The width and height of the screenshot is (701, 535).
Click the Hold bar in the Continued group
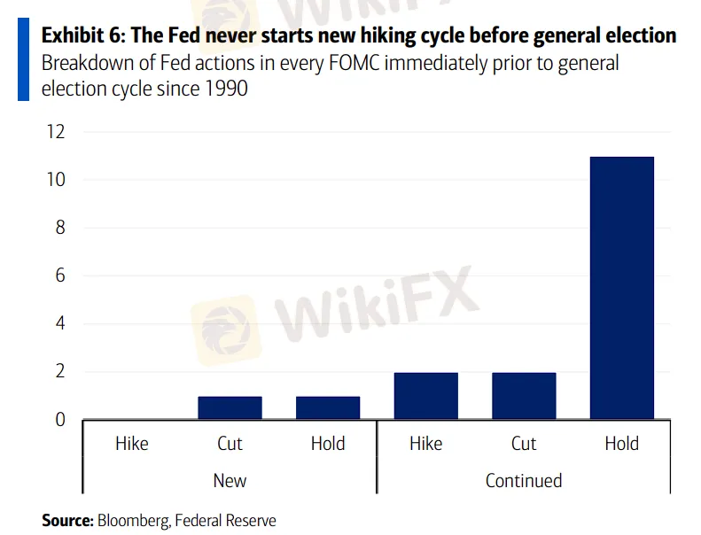pyautogui.click(x=622, y=288)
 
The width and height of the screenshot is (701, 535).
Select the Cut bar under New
pyautogui.click(x=230, y=407)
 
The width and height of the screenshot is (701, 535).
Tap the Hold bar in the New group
pyautogui.click(x=328, y=407)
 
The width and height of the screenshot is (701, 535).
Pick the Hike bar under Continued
pyautogui.click(x=426, y=396)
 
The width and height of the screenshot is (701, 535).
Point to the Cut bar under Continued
pyautogui.click(x=524, y=396)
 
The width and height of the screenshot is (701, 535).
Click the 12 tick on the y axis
pyautogui.click(x=56, y=132)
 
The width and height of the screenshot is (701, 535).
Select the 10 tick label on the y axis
pyautogui.click(x=56, y=180)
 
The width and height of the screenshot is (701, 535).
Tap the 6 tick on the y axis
pyautogui.click(x=60, y=275)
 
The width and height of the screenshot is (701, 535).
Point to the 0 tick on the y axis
pyautogui.click(x=60, y=420)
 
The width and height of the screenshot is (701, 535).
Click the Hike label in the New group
pyautogui.click(x=132, y=444)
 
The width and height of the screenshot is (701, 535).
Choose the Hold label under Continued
pyautogui.click(x=622, y=444)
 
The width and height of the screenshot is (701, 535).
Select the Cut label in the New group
pyautogui.click(x=230, y=444)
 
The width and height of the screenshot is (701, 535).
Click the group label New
pyautogui.click(x=230, y=481)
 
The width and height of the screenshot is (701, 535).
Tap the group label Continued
pyautogui.click(x=524, y=481)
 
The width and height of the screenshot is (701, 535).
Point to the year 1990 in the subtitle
pyautogui.click(x=226, y=89)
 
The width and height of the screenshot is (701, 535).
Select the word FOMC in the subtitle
pyautogui.click(x=354, y=63)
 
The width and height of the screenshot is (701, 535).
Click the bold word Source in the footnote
pyautogui.click(x=67, y=521)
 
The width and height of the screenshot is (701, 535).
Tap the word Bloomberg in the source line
pyautogui.click(x=134, y=521)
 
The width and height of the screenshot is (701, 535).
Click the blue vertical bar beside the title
pyautogui.click(x=23, y=59)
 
